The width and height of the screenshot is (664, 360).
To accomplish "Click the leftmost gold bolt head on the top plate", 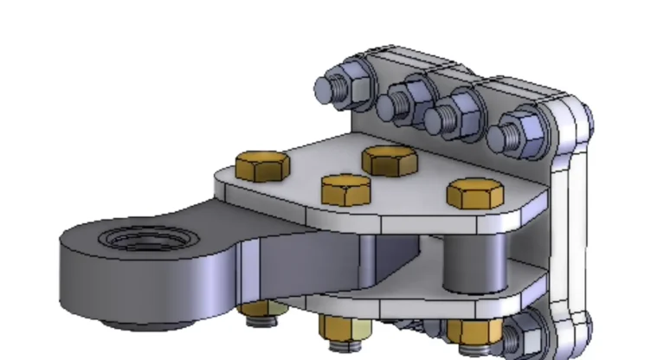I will (261, 164).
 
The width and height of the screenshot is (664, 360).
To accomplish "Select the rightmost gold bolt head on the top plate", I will (475, 193).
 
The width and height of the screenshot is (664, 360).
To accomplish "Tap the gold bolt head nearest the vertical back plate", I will (390, 159).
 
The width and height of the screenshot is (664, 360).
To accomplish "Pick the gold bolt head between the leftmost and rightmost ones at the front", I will (345, 189).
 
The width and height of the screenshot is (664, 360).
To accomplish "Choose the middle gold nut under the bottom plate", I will (345, 327).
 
